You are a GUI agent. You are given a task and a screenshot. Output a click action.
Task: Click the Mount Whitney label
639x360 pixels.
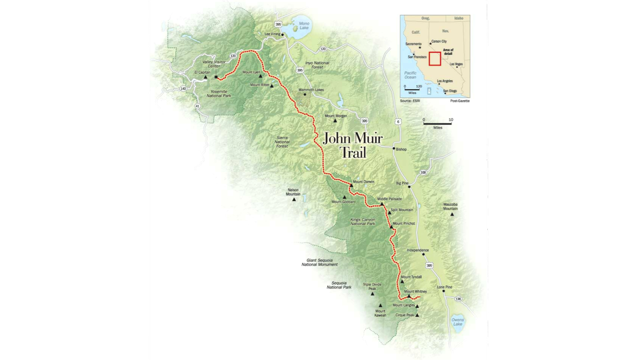[416, 291]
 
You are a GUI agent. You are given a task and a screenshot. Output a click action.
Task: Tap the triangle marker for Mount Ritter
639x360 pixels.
[272, 86]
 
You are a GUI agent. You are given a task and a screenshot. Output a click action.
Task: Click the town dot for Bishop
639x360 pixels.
[394, 149]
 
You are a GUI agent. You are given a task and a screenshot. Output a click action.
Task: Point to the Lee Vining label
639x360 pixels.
[272, 34]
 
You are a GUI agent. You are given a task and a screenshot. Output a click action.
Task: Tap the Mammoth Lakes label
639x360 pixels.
[311, 90]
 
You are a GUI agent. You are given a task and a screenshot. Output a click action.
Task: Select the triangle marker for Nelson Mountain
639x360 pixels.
[293, 200]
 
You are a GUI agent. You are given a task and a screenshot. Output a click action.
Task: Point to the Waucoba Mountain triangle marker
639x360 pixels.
[452, 215]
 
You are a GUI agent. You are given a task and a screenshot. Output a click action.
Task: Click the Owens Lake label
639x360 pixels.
[457, 322]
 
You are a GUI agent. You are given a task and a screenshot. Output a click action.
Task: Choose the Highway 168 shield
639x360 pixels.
[423, 173]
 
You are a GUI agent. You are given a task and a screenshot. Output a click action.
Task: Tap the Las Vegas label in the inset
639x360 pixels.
[456, 64]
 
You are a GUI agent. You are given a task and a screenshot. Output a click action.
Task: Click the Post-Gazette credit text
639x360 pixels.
[460, 101]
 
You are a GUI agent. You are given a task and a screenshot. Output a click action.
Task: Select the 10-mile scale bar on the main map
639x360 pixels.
[437, 124]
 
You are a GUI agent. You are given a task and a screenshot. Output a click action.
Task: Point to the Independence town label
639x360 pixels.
[417, 250]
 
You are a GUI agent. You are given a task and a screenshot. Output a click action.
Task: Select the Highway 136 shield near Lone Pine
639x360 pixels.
[458, 299]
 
